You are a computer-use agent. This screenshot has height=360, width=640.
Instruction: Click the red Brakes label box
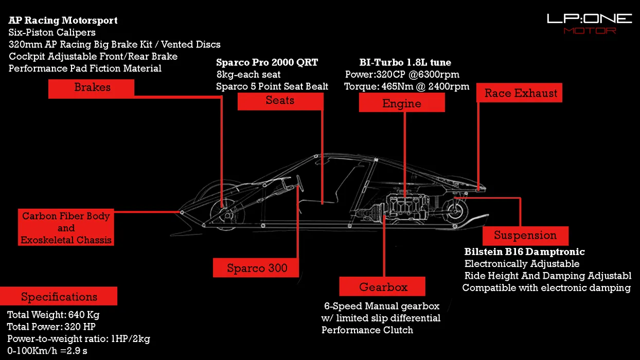[92, 88]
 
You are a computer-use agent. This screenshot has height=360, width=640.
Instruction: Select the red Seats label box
[280, 101]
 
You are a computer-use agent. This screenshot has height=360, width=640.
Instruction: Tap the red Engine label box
[402, 103]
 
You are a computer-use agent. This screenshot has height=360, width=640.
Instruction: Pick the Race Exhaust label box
[520, 94]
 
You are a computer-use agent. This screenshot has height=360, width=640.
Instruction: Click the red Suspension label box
[525, 236]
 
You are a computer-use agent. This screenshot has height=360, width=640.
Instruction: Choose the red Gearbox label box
[382, 287]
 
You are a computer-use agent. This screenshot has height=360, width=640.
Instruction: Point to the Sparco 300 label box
[256, 268]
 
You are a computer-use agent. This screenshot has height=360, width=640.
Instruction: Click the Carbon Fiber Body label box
[66, 228]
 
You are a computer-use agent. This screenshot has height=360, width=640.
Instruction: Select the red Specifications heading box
[59, 297]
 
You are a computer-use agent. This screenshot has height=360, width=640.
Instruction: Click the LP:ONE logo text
[589, 20]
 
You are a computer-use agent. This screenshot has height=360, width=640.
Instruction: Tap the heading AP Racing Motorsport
[63, 21]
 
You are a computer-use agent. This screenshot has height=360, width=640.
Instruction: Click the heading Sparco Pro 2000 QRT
[267, 63]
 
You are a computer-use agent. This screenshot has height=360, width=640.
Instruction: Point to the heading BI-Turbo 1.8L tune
[405, 63]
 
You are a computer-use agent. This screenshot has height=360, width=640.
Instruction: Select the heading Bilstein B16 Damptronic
[524, 252]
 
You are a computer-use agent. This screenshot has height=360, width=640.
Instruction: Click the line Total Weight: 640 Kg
[54, 315]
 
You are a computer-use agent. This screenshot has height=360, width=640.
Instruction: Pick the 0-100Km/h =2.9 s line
[51, 351]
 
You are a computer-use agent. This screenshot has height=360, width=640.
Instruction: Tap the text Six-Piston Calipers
[52, 32]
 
